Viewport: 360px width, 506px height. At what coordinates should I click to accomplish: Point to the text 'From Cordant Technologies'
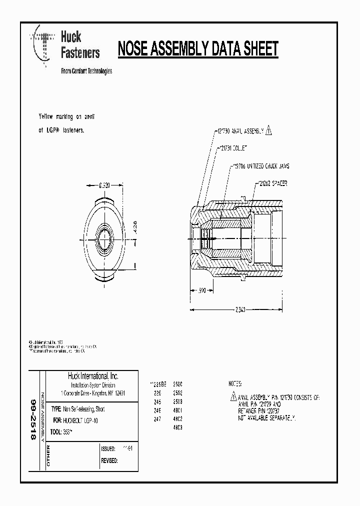86,71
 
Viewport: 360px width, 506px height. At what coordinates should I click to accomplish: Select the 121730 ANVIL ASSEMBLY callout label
239,130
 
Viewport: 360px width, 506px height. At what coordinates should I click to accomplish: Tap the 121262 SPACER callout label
273,183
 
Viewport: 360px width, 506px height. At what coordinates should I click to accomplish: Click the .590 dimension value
201,290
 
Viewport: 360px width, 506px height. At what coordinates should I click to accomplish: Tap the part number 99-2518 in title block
33,419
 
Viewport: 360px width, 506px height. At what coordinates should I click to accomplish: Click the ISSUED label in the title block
108,449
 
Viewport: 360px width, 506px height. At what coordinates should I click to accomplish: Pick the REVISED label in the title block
109,460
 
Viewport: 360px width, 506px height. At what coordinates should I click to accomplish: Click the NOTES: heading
234,384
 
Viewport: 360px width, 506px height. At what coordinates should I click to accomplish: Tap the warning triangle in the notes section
233,397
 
